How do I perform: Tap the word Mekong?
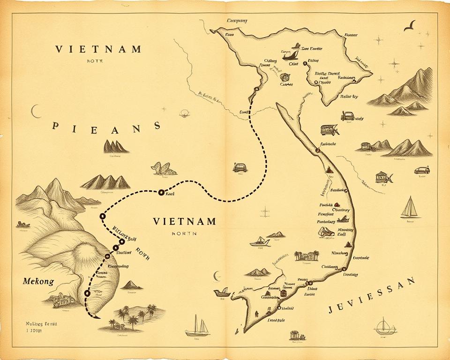[38, 282]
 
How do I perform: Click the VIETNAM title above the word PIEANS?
[98, 49]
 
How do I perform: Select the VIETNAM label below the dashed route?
[184, 221]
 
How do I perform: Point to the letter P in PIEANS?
[56, 127]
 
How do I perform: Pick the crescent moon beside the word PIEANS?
[35, 111]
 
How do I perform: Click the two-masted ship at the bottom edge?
[197, 326]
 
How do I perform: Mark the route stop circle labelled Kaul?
[161, 192]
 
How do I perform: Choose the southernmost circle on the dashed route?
[87, 293]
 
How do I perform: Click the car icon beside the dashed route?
[240, 167]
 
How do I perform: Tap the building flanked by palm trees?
[307, 255]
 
